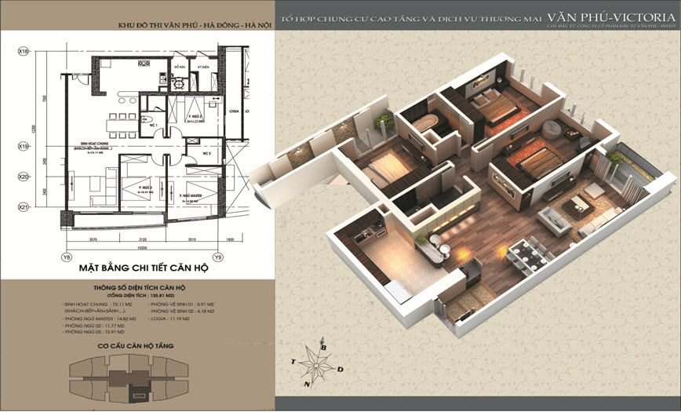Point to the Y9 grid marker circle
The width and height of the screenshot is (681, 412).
219,257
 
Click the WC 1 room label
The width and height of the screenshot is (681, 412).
155,126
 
